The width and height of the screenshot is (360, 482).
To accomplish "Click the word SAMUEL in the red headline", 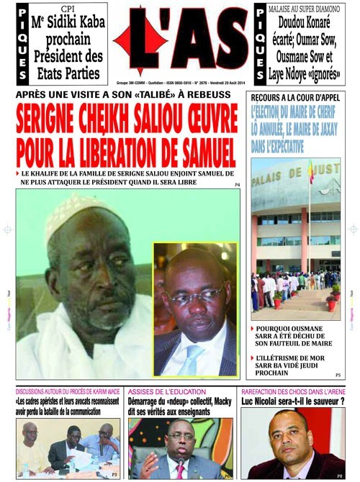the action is [x=202, y=153].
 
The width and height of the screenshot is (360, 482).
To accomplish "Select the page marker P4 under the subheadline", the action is [x=237, y=186].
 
